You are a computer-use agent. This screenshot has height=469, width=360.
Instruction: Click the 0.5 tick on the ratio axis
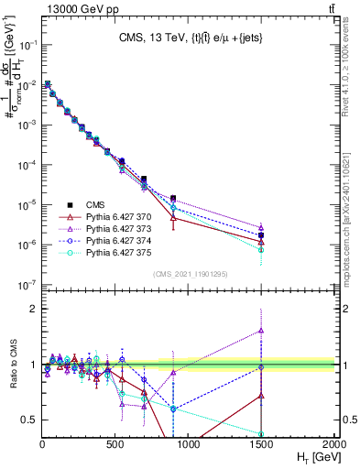31,420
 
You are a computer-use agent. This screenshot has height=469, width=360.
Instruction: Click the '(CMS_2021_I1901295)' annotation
189,274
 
